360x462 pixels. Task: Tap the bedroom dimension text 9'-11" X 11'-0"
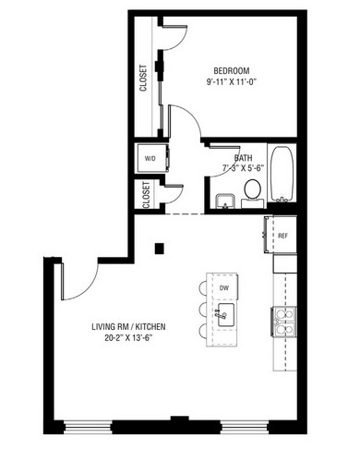pos(232,82)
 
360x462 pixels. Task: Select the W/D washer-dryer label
pos(150,159)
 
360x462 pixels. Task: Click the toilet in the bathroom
pos(253,192)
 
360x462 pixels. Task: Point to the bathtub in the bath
pos(282,174)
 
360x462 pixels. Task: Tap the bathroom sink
pos(225,201)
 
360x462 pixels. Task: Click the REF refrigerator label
pos(282,236)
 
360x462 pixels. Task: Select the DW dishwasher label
pos(224,288)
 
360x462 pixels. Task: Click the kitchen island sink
pos(226,315)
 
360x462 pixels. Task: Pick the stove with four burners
pos(283,322)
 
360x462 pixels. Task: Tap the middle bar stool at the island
pos(203,310)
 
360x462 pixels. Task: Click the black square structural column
pos(159,249)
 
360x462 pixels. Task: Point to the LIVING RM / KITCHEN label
pos(128,326)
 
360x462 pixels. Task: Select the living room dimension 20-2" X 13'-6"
pos(128,338)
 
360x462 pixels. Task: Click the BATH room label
pos(243,158)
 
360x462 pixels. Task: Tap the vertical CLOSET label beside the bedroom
pos(143,78)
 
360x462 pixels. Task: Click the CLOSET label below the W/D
pos(146,195)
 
